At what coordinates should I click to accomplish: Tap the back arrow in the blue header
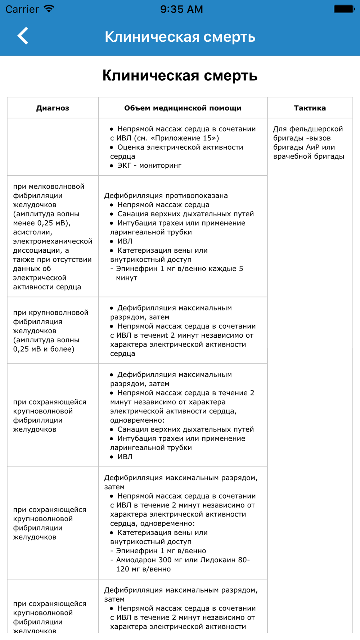23,36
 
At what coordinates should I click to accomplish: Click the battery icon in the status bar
344,9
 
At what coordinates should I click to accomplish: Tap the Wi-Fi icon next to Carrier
49,9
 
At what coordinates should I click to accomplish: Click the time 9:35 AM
181,9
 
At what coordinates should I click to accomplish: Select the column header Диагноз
53,108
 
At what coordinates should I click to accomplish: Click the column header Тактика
310,108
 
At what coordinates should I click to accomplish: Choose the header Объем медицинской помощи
183,108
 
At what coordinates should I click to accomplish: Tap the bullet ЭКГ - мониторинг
149,166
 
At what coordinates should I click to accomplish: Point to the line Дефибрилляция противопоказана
166,196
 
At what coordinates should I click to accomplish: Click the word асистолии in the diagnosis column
32,232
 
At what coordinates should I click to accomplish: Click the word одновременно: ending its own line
137,420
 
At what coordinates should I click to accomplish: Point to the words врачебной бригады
309,157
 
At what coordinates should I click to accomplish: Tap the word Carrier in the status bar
22,9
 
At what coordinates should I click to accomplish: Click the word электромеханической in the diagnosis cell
53,241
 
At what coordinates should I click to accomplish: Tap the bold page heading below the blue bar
180,76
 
